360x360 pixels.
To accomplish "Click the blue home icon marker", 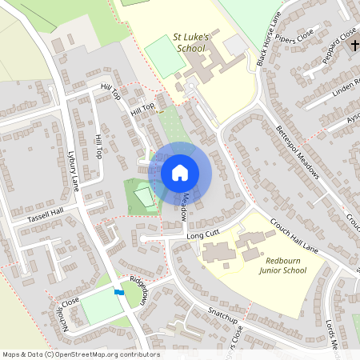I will (x=179, y=173).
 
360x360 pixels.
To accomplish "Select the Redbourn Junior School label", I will (x=282, y=265).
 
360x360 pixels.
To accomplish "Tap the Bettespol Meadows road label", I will (x=298, y=152).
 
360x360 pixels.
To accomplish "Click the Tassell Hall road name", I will (x=45, y=218).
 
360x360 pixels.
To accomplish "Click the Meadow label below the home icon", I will (x=184, y=206).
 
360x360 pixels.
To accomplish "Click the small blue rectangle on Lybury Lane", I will (x=119, y=292).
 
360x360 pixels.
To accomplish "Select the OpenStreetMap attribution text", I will (x=80, y=354).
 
